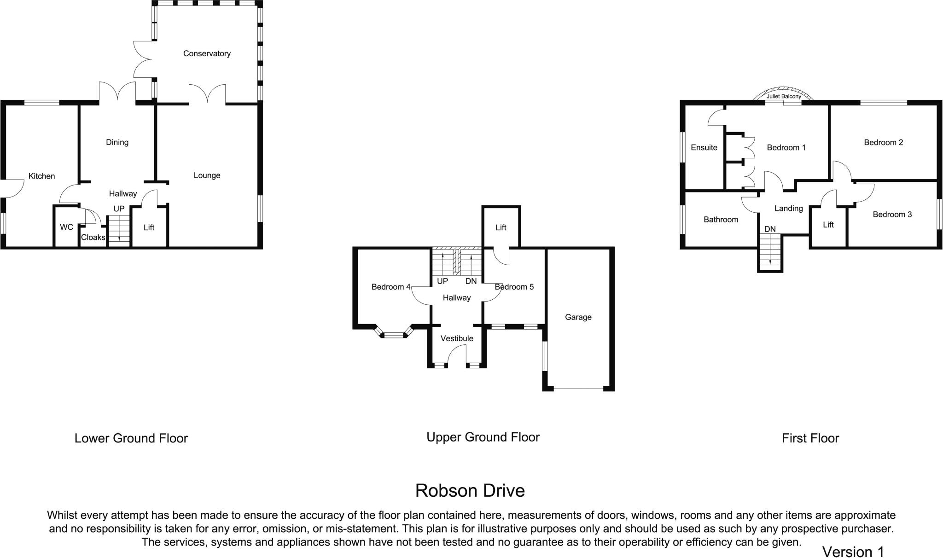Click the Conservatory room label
coord(207,53)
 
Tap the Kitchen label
coord(41,176)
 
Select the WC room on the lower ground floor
coord(66,227)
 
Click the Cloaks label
coord(93,238)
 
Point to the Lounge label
coord(207,175)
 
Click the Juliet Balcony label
coord(783,97)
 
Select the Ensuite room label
coord(704,147)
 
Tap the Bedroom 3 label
coord(892,215)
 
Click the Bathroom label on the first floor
coord(721,220)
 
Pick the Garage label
coord(578,317)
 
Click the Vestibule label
coord(457,338)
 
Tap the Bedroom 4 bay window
coord(393,335)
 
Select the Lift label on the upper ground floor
coord(501,227)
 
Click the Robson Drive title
coord(470,491)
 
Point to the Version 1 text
coord(853,552)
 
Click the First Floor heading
coord(810,438)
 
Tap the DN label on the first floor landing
coord(770,229)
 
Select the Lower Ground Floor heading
coord(131,438)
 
